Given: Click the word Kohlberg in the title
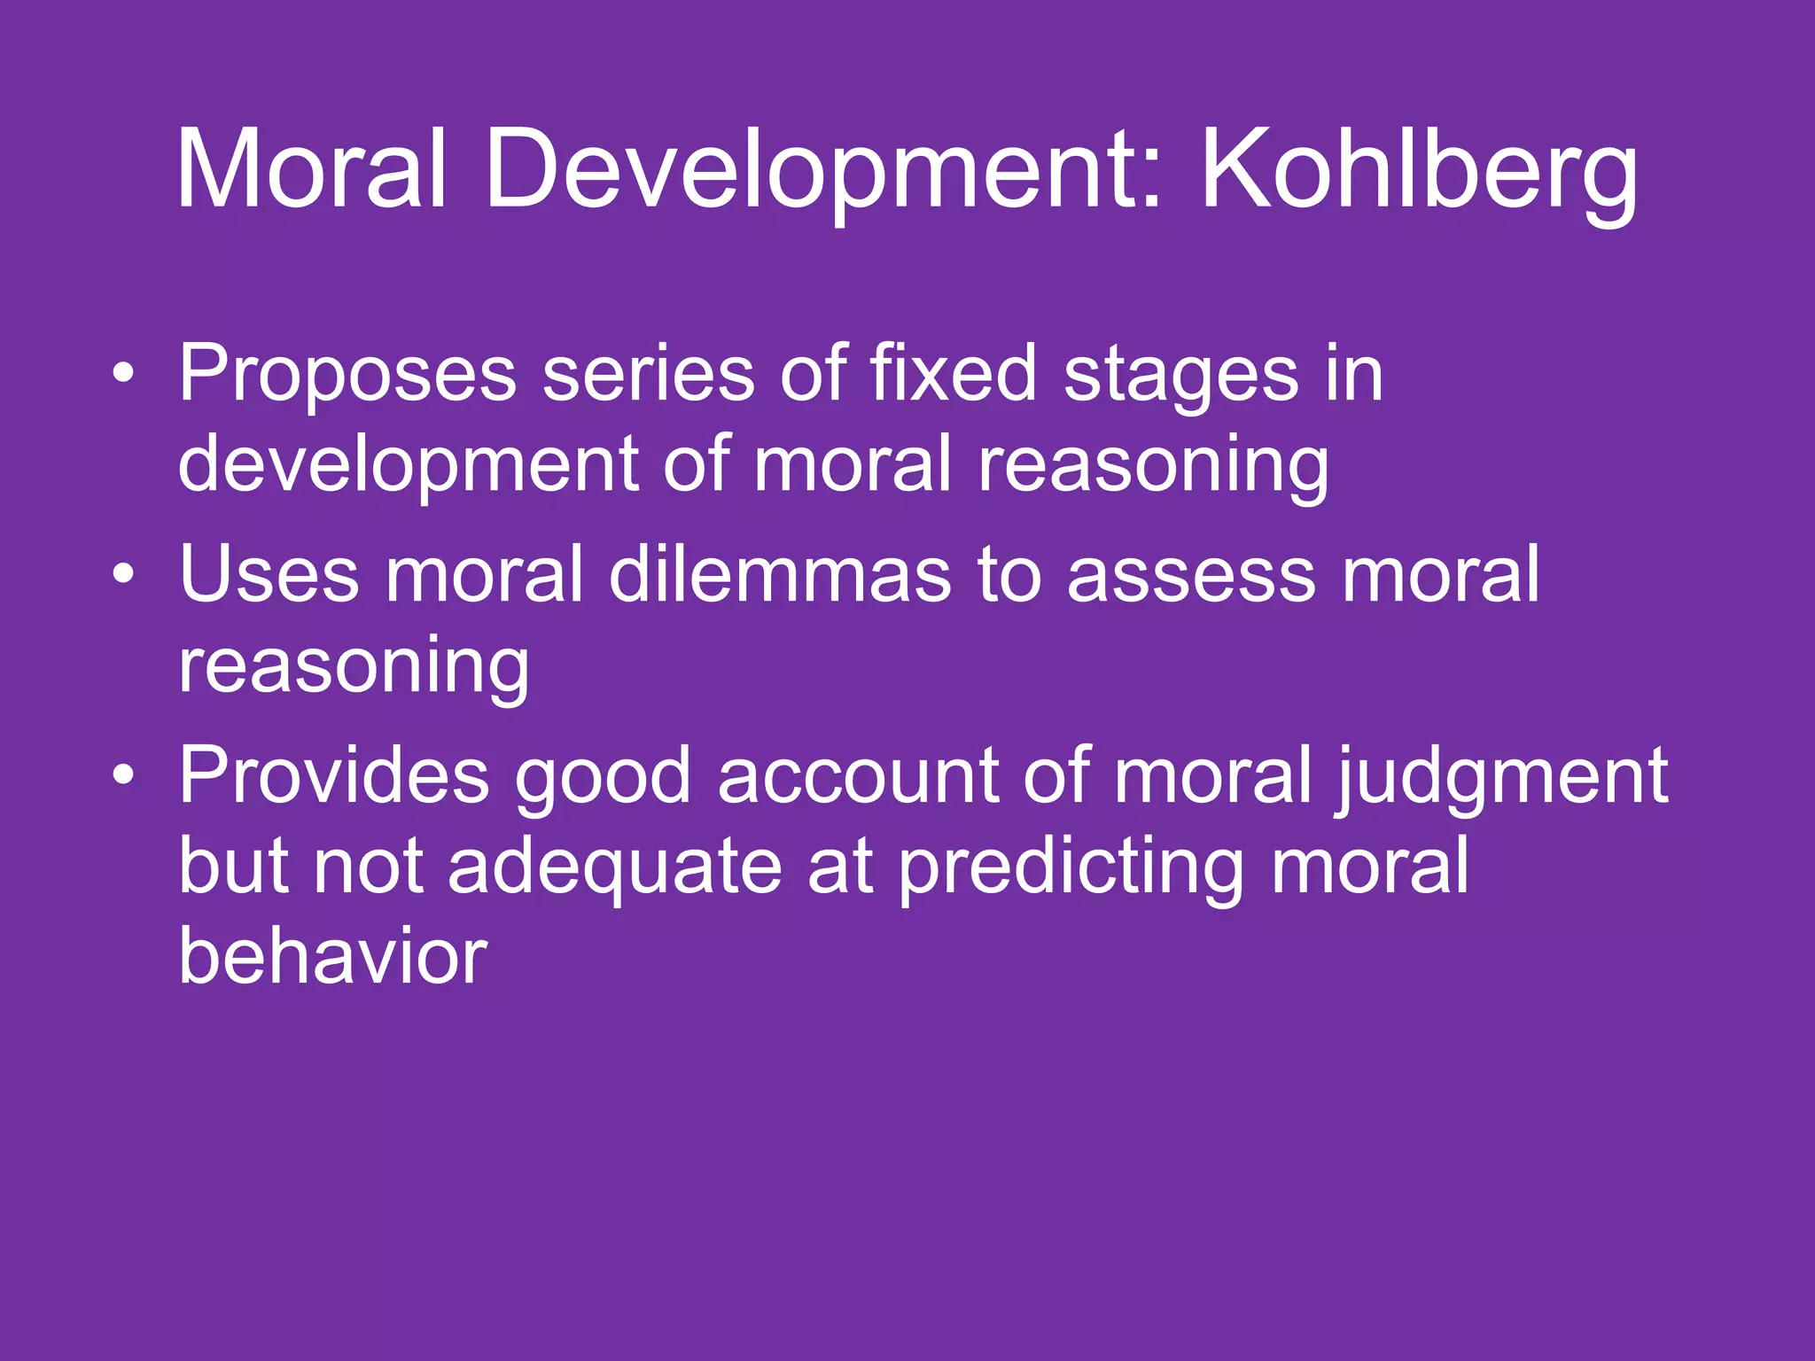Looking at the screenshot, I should pyautogui.click(x=1418, y=170).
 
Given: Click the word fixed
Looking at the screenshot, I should pyautogui.click(x=953, y=374).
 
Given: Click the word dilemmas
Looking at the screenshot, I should pyautogui.click(x=779, y=575).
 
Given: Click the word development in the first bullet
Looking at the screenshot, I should pyautogui.click(x=409, y=466).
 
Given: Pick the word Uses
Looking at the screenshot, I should pyautogui.click(x=269, y=575).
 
